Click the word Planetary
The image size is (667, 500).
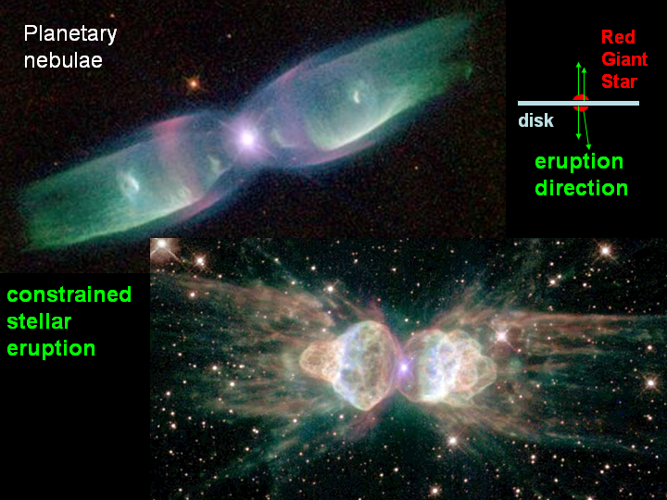click(x=70, y=34)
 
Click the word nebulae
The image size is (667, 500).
click(x=63, y=60)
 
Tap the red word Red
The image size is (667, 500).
click(x=618, y=37)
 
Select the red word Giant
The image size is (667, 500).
click(x=624, y=59)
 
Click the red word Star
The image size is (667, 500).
click(x=619, y=81)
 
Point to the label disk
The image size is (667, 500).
click(x=536, y=120)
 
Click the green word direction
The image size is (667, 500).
click(x=581, y=188)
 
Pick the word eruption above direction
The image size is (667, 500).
click(x=579, y=162)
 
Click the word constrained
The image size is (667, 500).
click(x=69, y=294)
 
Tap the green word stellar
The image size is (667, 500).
click(x=39, y=321)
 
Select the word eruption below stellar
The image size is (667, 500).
click(x=51, y=349)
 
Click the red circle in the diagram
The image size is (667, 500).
click(x=581, y=104)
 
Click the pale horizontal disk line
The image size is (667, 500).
click(x=578, y=104)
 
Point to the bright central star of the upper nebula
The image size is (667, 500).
click(x=247, y=138)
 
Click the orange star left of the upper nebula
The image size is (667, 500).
click(x=194, y=83)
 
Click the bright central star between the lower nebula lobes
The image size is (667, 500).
click(x=403, y=366)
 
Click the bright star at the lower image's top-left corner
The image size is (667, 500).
click(x=161, y=244)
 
